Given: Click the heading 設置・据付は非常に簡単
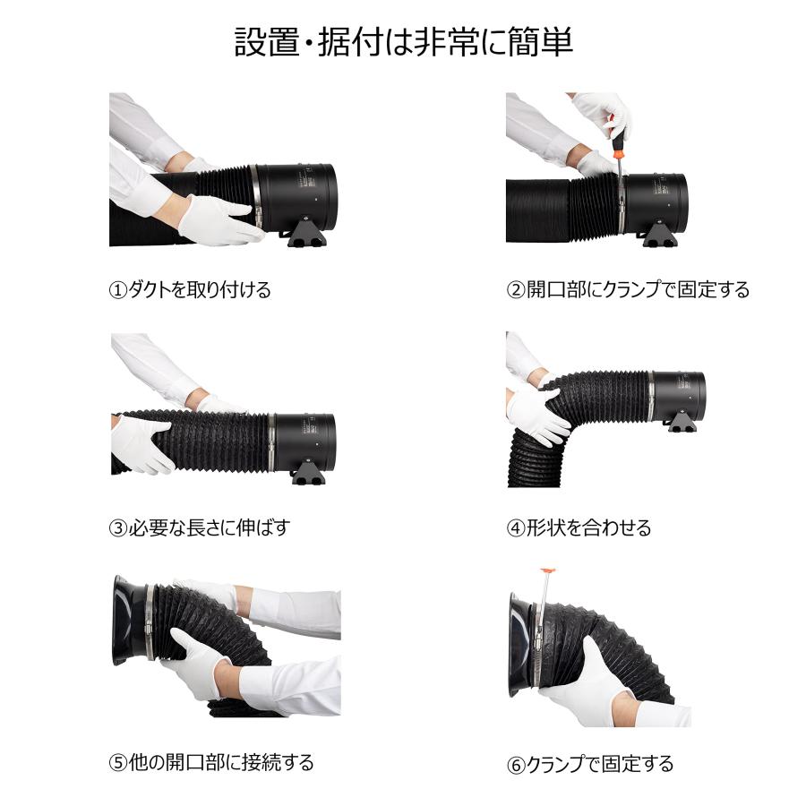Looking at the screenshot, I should point(403,42).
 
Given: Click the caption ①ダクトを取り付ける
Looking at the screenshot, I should point(190,290).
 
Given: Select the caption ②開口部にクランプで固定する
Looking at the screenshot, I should point(627,290).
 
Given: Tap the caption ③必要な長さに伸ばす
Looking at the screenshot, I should point(200,527).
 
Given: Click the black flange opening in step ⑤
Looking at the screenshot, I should point(122,620).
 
